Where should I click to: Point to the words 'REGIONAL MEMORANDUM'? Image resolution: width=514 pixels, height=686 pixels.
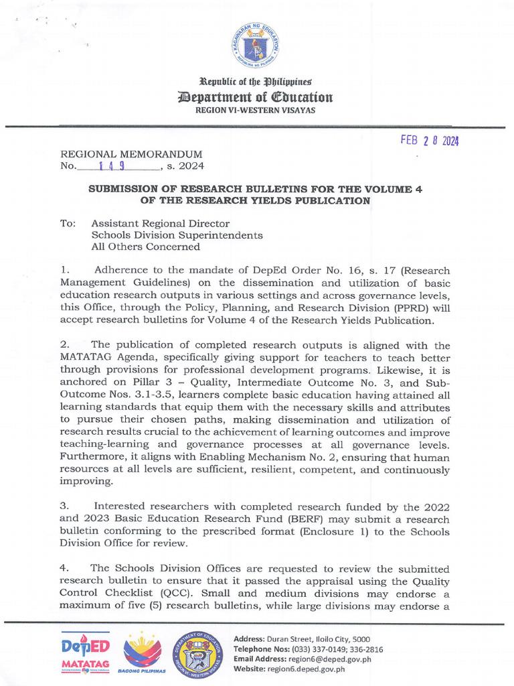131,154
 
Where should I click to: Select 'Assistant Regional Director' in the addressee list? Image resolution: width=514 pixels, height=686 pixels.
160,223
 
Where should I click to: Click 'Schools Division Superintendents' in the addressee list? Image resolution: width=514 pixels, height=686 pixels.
177,235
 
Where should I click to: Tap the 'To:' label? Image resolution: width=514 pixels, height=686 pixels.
68,223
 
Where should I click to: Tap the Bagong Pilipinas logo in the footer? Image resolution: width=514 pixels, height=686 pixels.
142,653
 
